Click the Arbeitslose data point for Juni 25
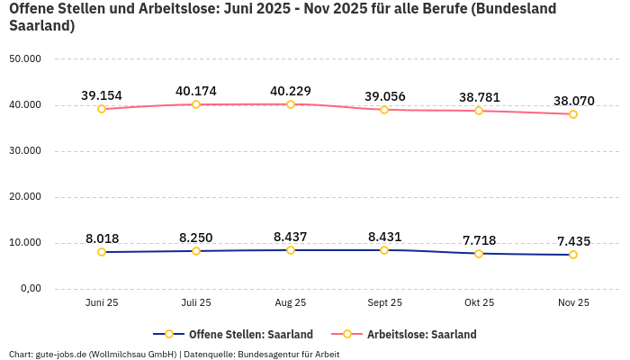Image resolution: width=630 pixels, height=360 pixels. click(102, 109)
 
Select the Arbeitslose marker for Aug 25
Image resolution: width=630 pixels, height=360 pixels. click(291, 104)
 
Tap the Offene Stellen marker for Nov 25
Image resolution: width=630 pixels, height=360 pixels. click(573, 255)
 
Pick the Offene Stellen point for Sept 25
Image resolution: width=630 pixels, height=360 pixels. click(384, 250)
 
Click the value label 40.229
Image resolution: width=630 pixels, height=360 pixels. click(291, 91)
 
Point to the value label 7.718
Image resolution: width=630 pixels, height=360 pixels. click(479, 240)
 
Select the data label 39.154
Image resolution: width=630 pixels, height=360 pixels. click(102, 95)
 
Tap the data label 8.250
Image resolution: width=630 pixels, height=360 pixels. click(196, 238)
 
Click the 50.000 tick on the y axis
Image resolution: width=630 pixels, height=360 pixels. click(25, 58)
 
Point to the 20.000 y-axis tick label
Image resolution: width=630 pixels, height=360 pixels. click(25, 196)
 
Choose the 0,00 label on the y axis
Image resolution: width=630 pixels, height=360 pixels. click(30, 288)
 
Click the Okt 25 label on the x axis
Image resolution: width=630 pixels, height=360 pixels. click(479, 302)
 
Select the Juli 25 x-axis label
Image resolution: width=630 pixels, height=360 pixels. click(196, 302)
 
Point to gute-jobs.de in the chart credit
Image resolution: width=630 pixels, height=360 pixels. click(63, 354)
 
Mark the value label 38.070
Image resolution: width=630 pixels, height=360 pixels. click(573, 101)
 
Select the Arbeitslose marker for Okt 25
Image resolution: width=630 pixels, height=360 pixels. click(479, 111)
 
